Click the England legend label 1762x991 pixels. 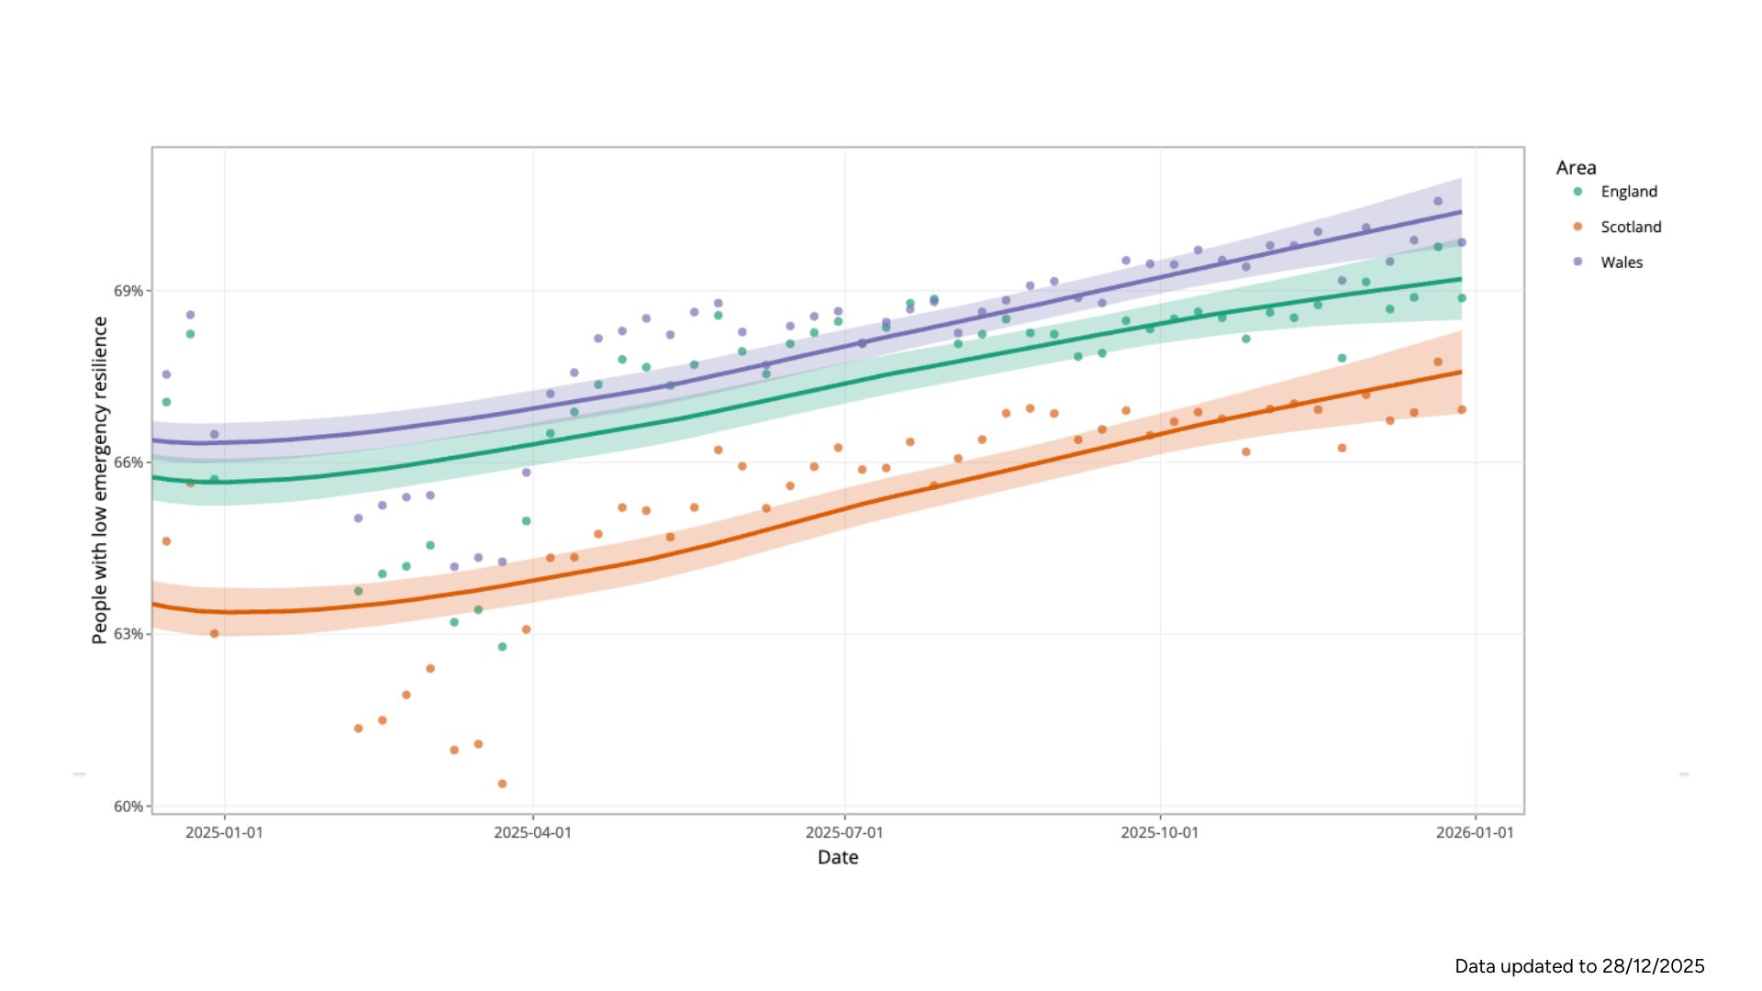tap(1629, 192)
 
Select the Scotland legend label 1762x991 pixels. tap(1631, 227)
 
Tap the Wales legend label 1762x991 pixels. tap(1622, 262)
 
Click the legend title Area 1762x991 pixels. tap(1576, 168)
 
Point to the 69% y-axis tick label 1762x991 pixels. tap(128, 291)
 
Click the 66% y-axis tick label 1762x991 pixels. tap(128, 462)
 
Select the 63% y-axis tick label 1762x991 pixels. tap(128, 634)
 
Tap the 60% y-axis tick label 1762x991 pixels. tap(128, 807)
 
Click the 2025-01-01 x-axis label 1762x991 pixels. tap(224, 833)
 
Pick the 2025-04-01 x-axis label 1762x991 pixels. tap(532, 833)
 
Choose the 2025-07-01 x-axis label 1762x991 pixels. tap(844, 833)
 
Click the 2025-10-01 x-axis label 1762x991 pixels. tap(1159, 833)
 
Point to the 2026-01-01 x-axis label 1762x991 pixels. tap(1475, 833)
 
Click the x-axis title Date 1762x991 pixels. tap(838, 857)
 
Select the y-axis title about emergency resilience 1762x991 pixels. tap(100, 480)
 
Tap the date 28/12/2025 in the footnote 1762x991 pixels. tap(1653, 966)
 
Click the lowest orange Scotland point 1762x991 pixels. tap(502, 784)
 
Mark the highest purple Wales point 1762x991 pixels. tap(1438, 201)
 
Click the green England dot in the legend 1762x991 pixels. tap(1578, 192)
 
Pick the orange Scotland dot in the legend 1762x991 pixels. tap(1578, 227)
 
